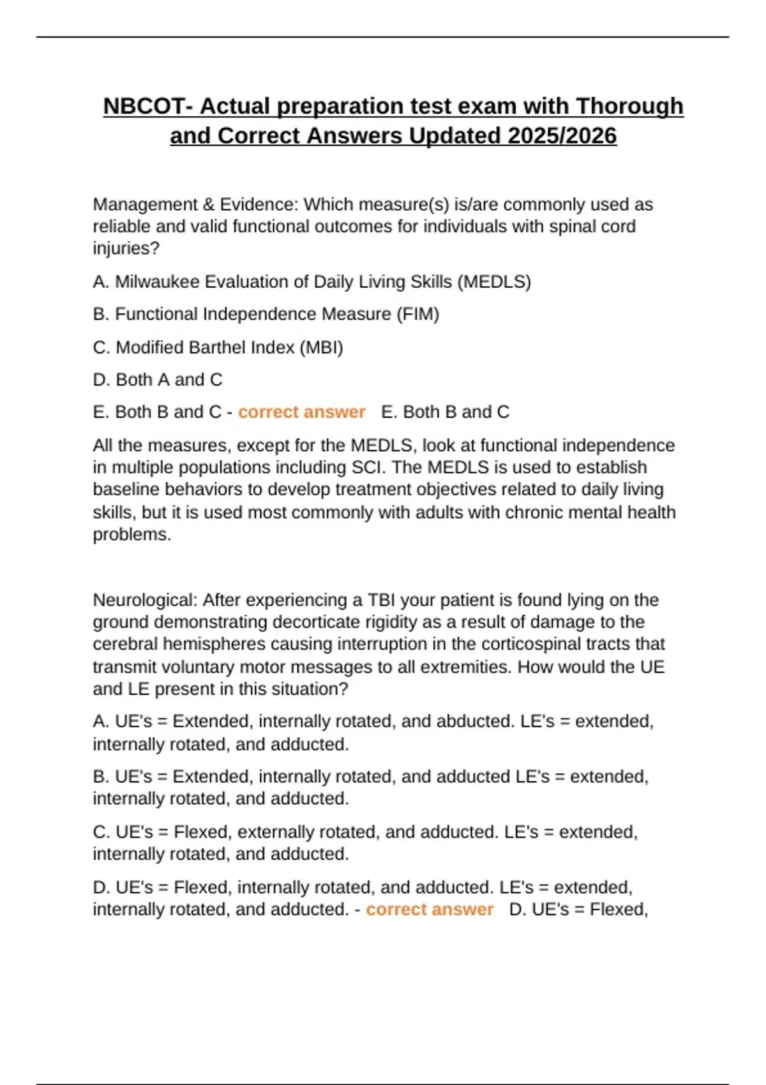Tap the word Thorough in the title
coord(629,106)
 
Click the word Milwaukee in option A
coord(157,281)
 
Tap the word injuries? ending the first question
coord(126,248)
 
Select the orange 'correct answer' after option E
coord(301,412)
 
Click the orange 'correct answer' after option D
coord(429,909)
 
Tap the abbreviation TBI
coord(381,600)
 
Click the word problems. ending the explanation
coord(132,534)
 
